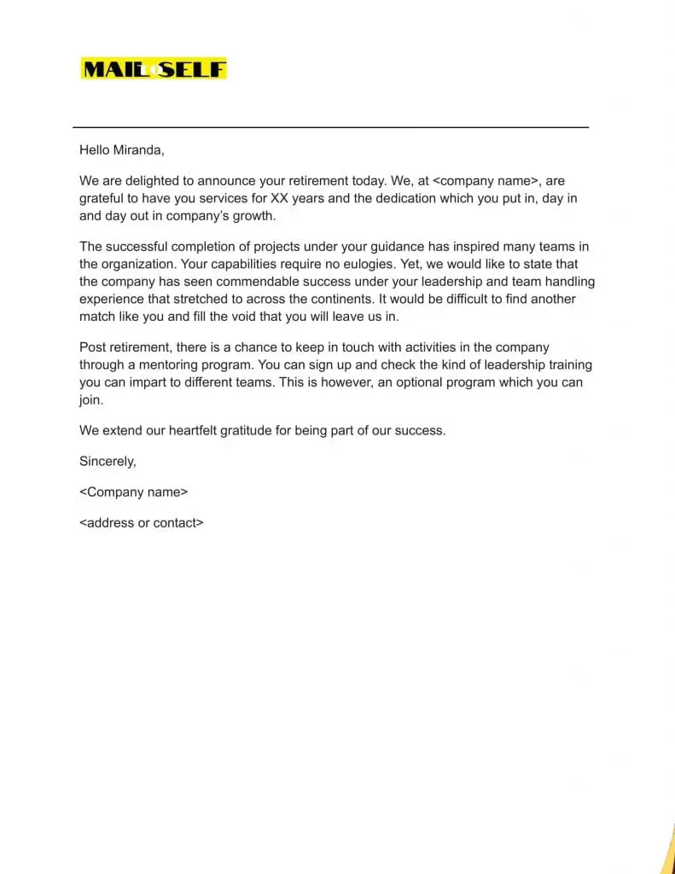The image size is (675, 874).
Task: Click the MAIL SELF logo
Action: pyautogui.click(x=154, y=68)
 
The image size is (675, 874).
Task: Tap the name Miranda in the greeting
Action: pyautogui.click(x=137, y=150)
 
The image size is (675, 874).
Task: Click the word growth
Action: pyautogui.click(x=254, y=216)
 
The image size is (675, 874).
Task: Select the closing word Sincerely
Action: pyautogui.click(x=107, y=462)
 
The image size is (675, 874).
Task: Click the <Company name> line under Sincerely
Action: pyautogui.click(x=133, y=492)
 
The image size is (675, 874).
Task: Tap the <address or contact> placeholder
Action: pyautogui.click(x=141, y=523)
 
